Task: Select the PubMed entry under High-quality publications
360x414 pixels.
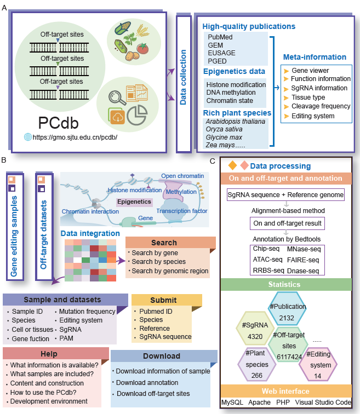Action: coord(219,37)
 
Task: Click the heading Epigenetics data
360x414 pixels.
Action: coord(234,71)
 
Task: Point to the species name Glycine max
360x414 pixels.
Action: coord(224,137)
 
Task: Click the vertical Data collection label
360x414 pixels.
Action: coord(184,77)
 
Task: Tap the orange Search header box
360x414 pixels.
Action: coord(163,242)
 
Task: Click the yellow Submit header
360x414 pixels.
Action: coord(163,300)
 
